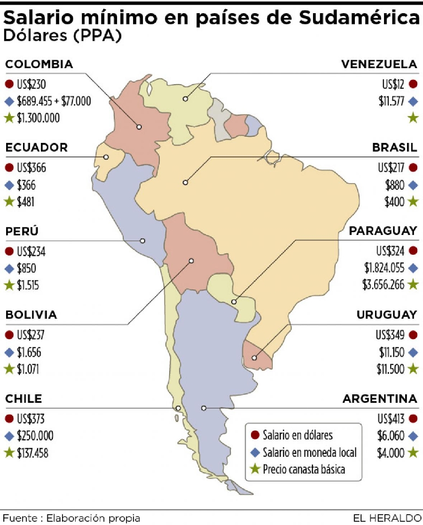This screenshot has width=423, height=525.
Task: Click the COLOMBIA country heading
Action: point(39,64)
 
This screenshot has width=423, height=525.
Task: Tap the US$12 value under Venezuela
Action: point(393,85)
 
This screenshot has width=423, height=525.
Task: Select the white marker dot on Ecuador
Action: point(106,157)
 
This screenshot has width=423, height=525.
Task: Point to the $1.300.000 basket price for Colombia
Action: point(39,118)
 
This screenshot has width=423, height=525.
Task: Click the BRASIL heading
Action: point(394,148)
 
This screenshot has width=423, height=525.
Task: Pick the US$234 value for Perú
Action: point(31,251)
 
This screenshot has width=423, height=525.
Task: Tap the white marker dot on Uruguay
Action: point(254,358)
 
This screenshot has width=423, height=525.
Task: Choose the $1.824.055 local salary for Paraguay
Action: point(384,268)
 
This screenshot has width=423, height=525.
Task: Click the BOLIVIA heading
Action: point(31,315)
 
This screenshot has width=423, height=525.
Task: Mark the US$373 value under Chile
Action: point(31,419)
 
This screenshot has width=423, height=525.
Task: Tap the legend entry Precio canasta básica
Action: point(304,469)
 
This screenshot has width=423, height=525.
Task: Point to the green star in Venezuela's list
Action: point(413,118)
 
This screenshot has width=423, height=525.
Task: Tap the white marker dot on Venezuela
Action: point(186,99)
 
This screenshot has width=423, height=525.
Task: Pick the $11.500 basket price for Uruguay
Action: point(390,369)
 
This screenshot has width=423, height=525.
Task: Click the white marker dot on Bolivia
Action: point(191,260)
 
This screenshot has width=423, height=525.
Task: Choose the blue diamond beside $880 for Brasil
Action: point(413,185)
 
